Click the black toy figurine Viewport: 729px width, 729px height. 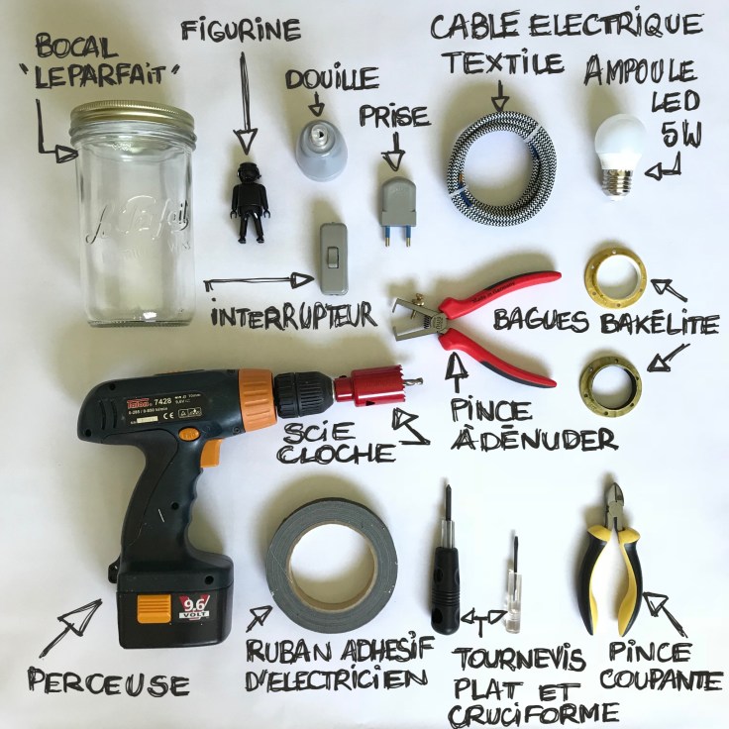tap(248, 202)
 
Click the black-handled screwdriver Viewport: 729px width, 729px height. tap(447, 579)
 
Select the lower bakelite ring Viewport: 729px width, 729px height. tap(610, 376)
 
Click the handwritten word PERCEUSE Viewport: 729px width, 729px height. tap(108, 683)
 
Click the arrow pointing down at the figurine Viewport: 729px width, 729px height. tap(244, 99)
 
